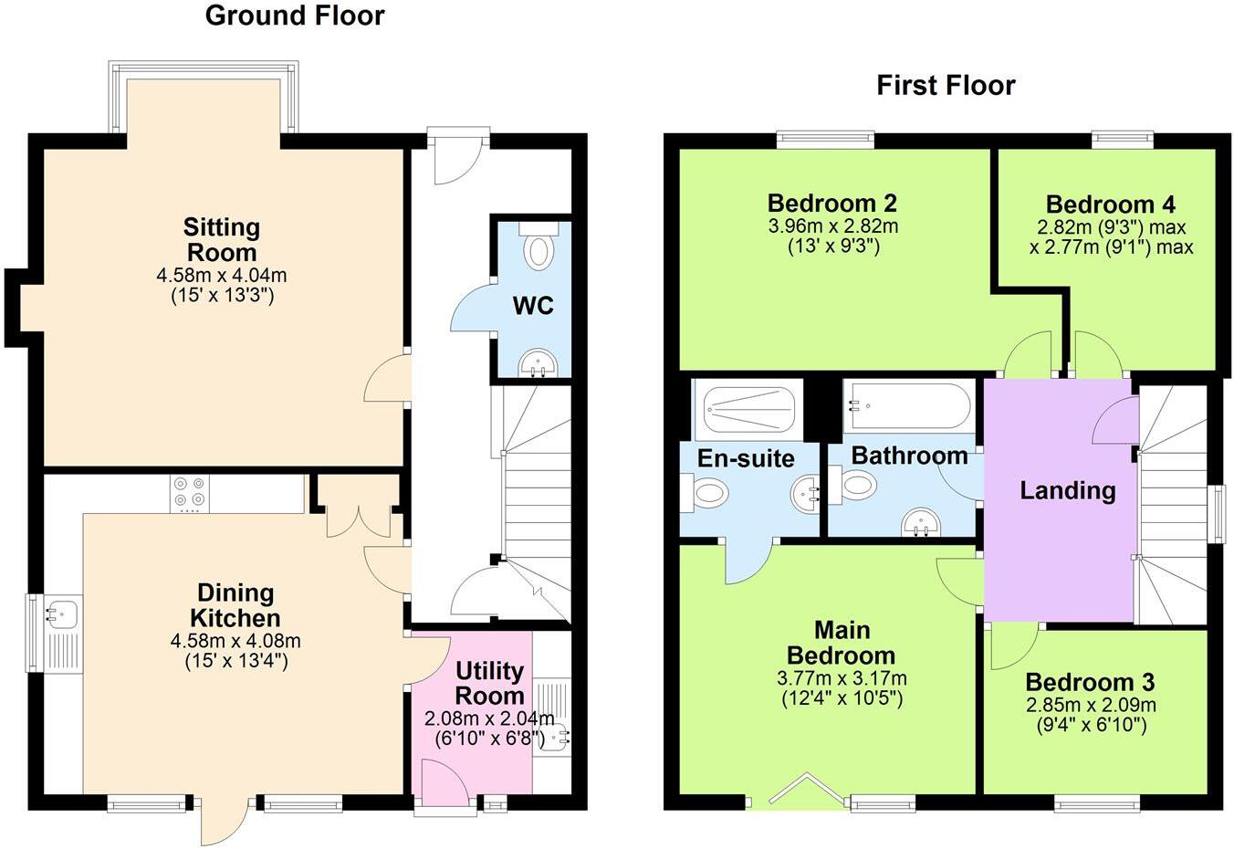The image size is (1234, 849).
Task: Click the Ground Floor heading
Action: click(x=294, y=16)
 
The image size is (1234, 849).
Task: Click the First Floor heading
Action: click(x=946, y=85)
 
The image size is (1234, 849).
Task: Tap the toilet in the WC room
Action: click(x=539, y=250)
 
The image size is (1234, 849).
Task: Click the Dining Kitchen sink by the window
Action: click(x=62, y=614)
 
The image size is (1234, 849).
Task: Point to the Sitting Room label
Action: click(x=222, y=240)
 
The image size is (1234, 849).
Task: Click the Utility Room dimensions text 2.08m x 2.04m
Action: click(x=489, y=718)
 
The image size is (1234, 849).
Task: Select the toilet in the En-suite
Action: click(x=707, y=494)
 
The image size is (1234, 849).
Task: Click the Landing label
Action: click(x=1067, y=491)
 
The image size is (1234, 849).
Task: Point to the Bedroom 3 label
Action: click(x=1090, y=682)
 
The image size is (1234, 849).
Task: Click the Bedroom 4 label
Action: click(x=1110, y=204)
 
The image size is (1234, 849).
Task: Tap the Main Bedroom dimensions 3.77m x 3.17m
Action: click(x=842, y=678)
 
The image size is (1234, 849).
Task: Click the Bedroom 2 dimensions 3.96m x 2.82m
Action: click(x=832, y=225)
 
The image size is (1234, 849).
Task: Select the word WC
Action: click(x=532, y=305)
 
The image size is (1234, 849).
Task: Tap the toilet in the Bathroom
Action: click(x=856, y=485)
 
